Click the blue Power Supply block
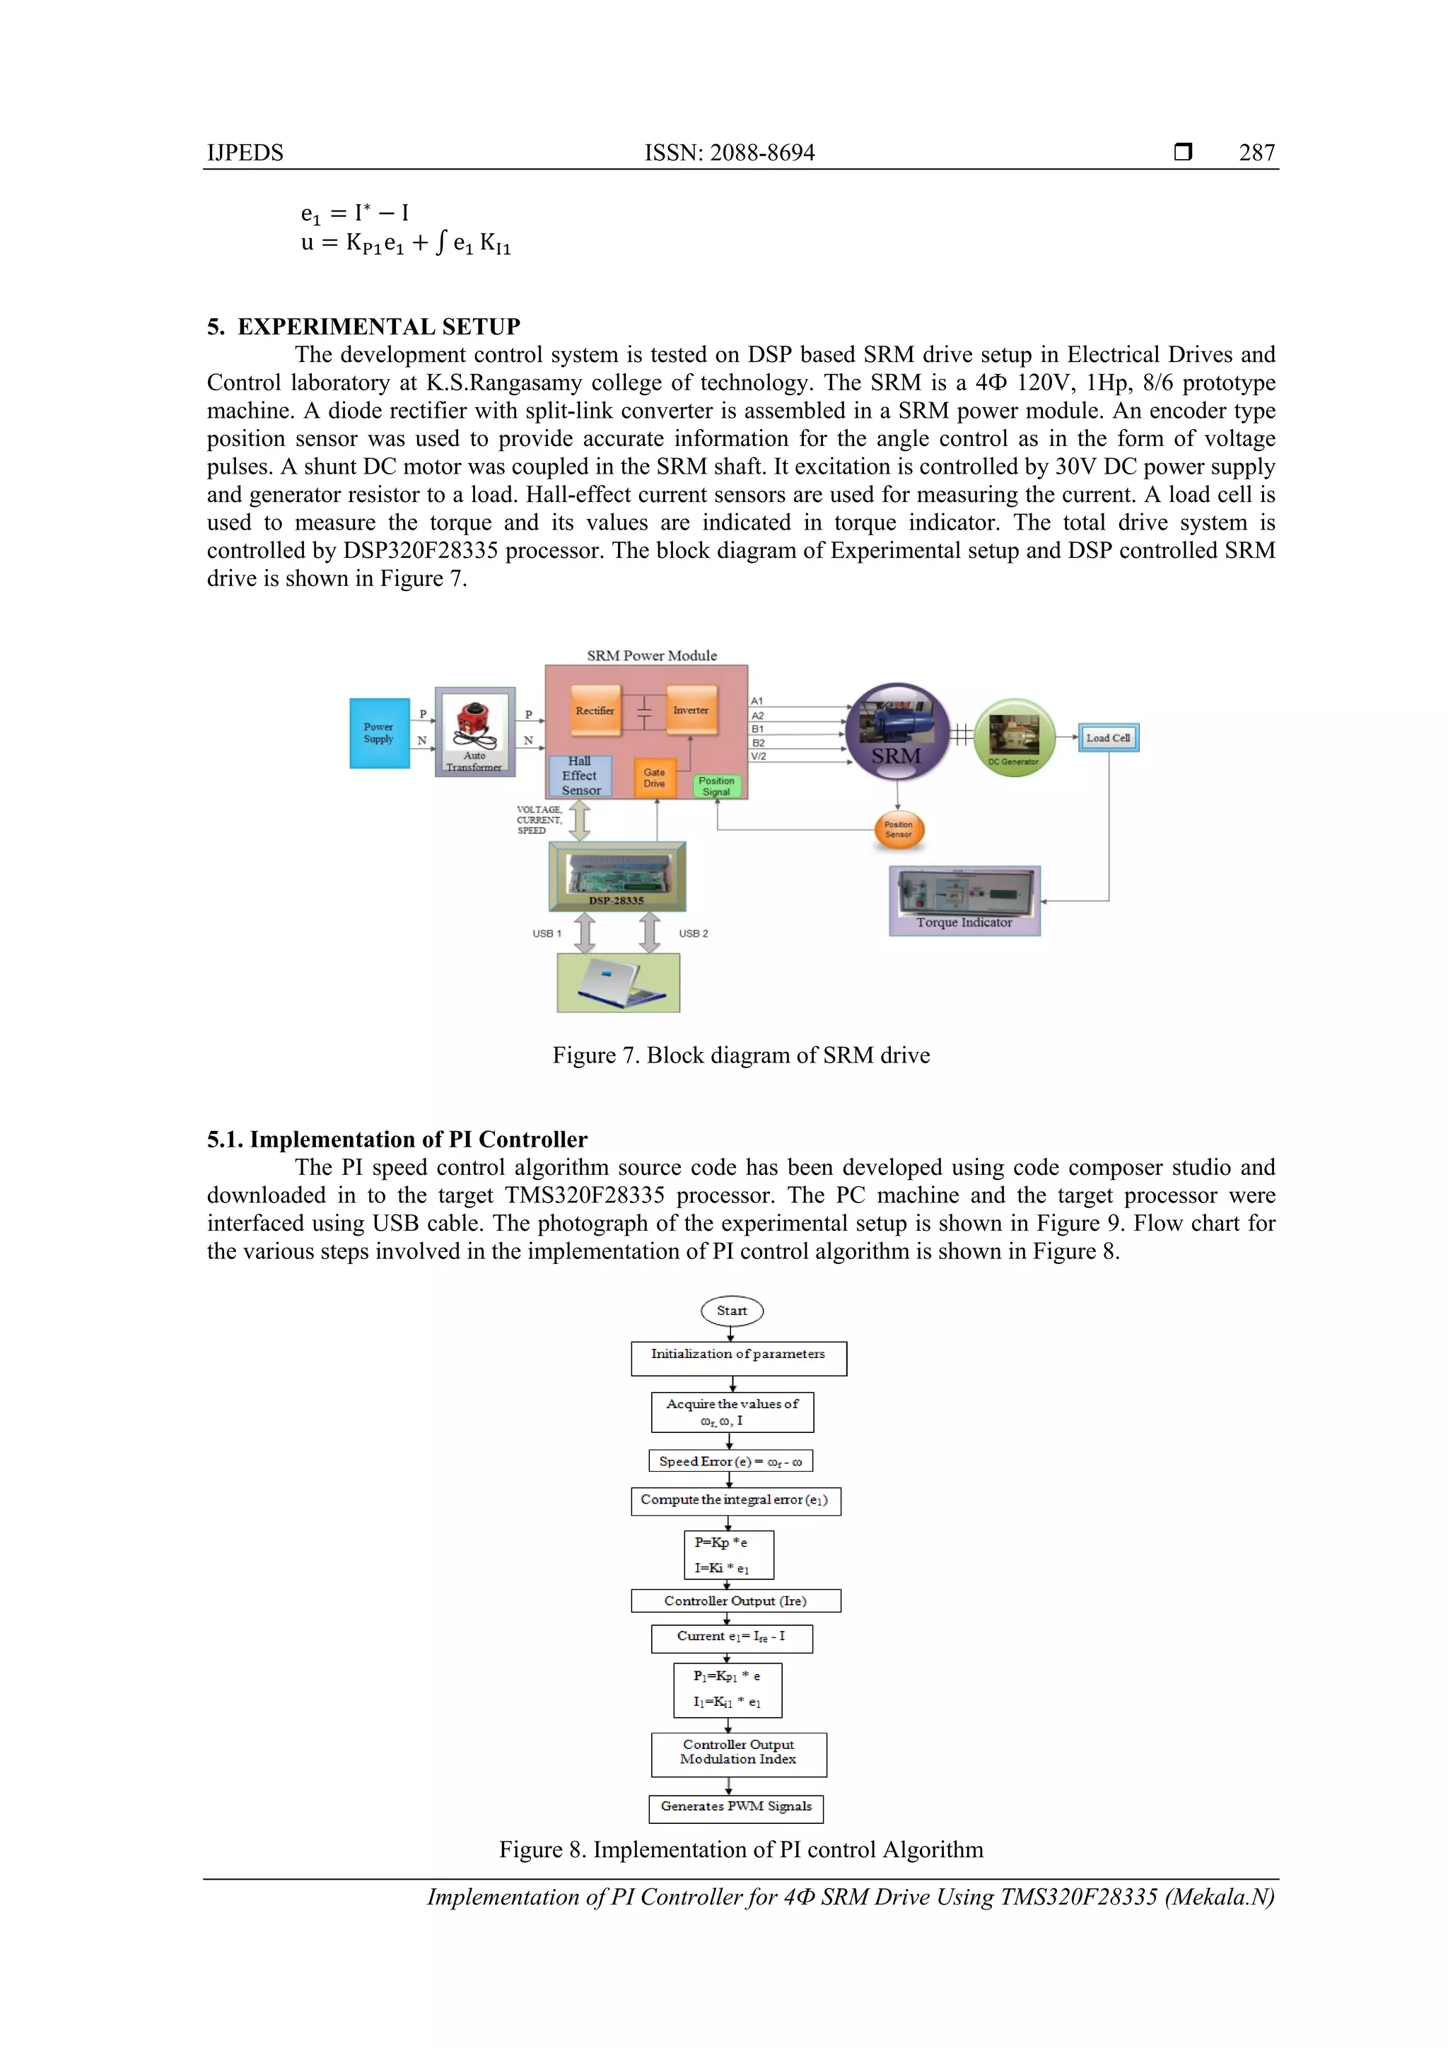(379, 732)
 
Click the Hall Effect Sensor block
(580, 775)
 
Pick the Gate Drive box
(654, 778)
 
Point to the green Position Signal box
(716, 786)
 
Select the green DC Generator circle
(1015, 737)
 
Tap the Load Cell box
(1108, 737)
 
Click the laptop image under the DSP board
(618, 982)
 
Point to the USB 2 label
(693, 933)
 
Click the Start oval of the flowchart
(732, 1311)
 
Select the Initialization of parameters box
(738, 1357)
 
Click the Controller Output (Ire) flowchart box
(735, 1601)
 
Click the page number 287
(1256, 153)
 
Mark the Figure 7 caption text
(740, 1055)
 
